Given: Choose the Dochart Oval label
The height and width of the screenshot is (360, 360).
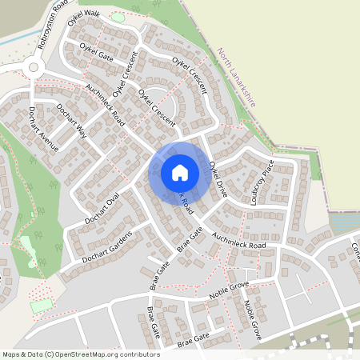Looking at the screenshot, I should coord(102,207).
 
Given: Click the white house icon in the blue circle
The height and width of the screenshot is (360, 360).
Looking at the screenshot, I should coord(180,172).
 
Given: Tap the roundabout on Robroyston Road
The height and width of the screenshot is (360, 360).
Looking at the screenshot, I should coord(33,67).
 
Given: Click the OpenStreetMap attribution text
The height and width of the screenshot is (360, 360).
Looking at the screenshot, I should coord(81,354).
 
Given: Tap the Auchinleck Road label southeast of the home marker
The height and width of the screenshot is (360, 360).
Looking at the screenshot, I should coord(238,238).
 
